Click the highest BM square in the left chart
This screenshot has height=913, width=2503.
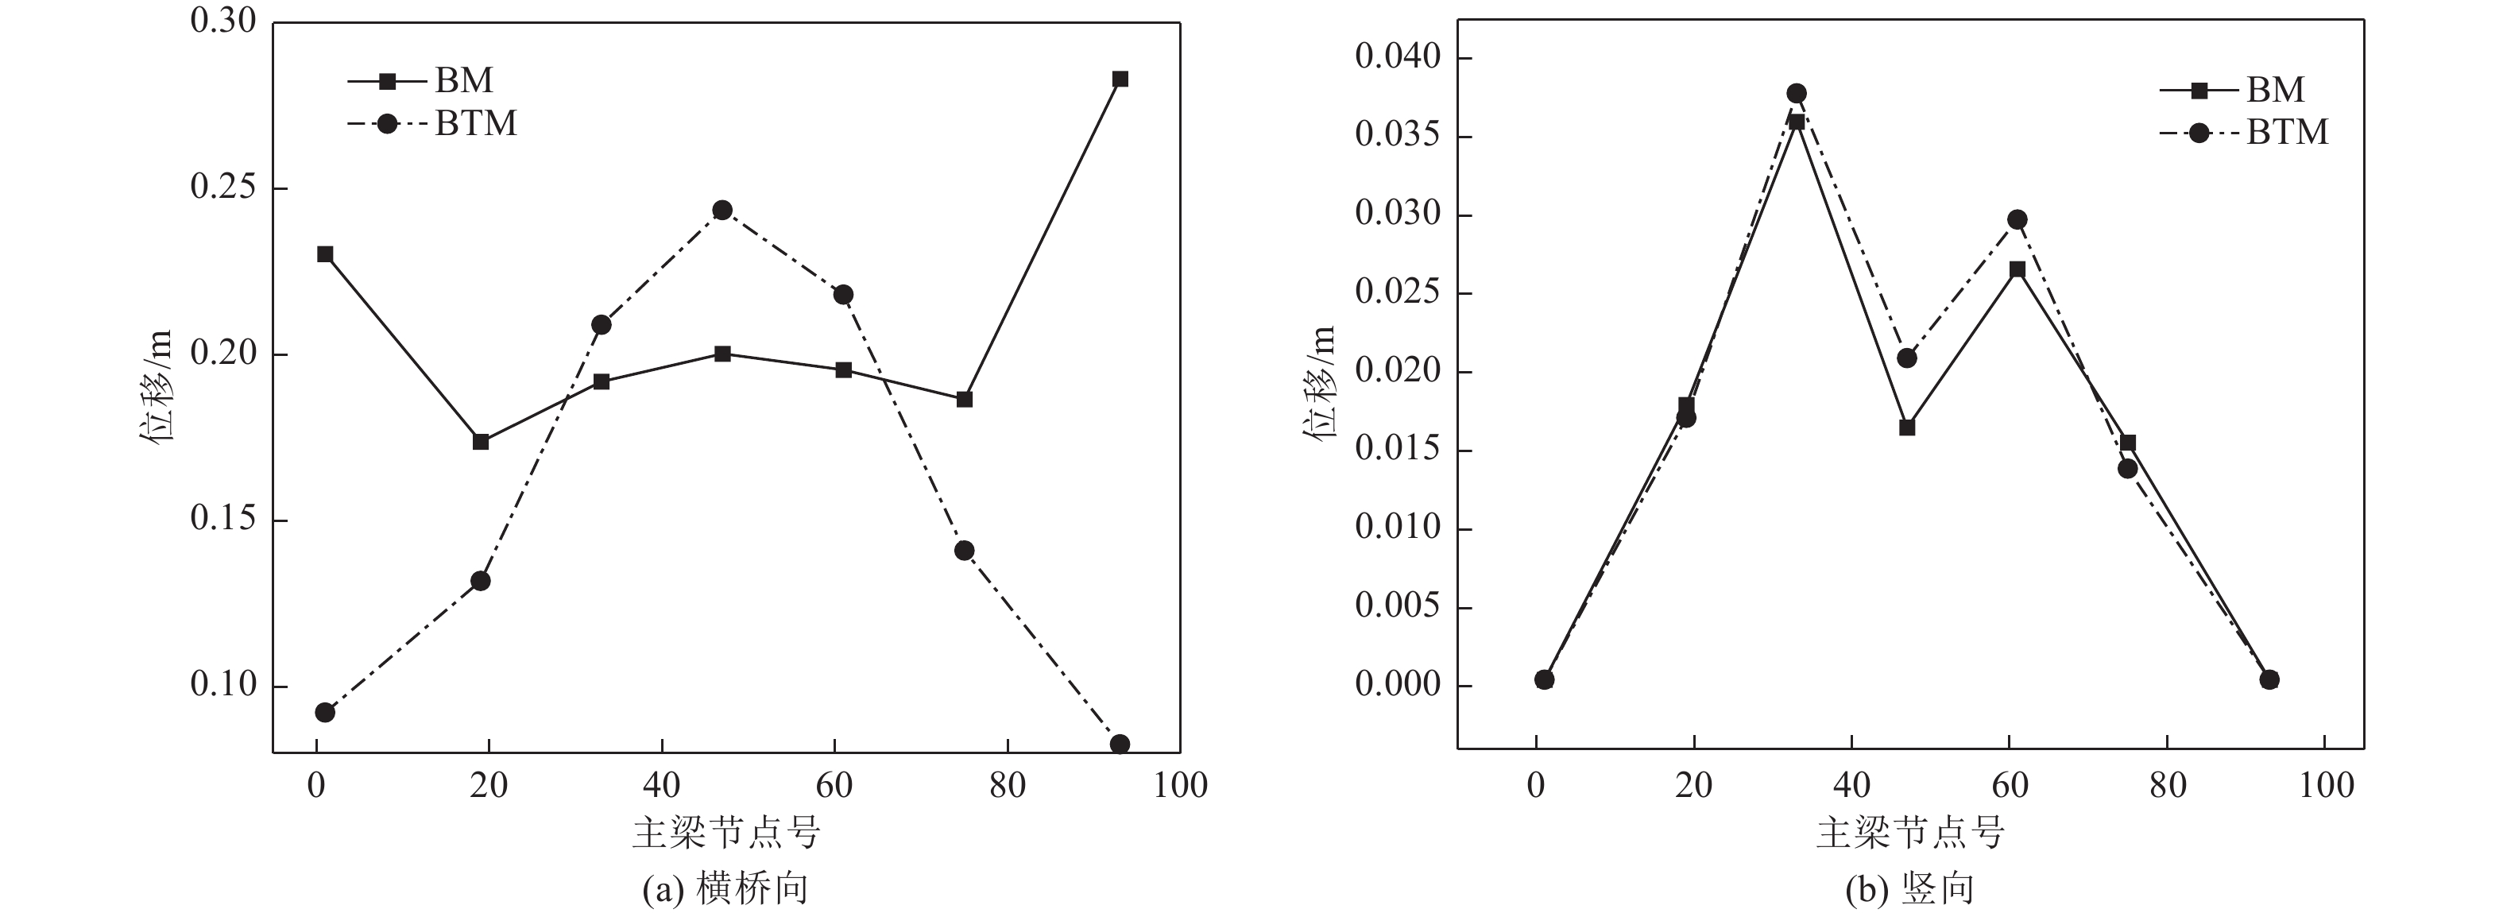coord(1120,79)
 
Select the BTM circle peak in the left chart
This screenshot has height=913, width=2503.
coord(722,210)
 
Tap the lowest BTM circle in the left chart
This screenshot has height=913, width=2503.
coord(1120,744)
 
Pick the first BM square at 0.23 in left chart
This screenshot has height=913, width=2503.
coord(326,254)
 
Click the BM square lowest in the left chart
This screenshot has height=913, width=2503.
coord(480,442)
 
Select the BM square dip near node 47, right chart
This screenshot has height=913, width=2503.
coord(1907,427)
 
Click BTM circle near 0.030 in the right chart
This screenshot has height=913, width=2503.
coord(2017,219)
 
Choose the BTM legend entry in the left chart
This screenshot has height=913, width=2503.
coord(432,124)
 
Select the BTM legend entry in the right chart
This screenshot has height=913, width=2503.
coord(2245,132)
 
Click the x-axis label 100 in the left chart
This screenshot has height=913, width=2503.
coord(1180,786)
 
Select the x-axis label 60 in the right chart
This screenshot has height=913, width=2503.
coord(2010,786)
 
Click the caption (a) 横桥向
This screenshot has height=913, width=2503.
coord(725,888)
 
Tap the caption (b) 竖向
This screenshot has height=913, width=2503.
coord(1909,888)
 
